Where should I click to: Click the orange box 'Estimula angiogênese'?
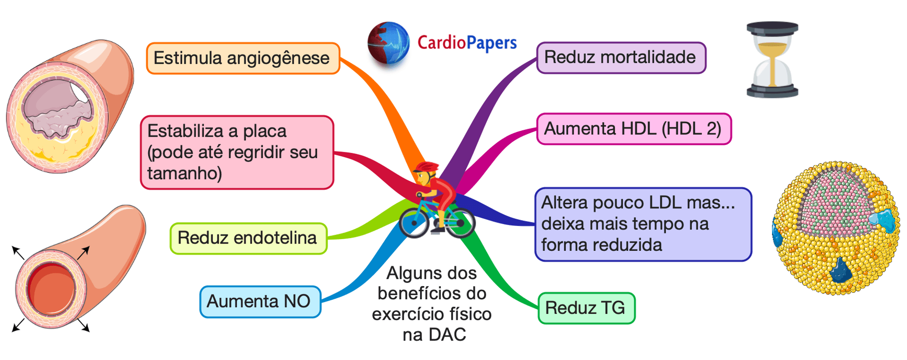click(x=243, y=58)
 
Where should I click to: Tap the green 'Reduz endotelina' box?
click(x=248, y=238)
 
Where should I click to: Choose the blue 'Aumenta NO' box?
click(x=260, y=302)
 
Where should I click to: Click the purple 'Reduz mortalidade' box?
click(x=621, y=58)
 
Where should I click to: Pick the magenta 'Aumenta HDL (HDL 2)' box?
click(x=633, y=129)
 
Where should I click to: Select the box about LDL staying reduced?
click(x=643, y=224)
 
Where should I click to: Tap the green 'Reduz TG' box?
click(x=586, y=308)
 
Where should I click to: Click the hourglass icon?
click(x=772, y=60)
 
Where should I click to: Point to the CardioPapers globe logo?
click(x=388, y=43)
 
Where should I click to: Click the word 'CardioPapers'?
click(x=467, y=43)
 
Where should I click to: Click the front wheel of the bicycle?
click(x=414, y=223)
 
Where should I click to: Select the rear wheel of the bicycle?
click(x=461, y=223)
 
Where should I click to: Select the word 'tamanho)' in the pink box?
click(x=184, y=173)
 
